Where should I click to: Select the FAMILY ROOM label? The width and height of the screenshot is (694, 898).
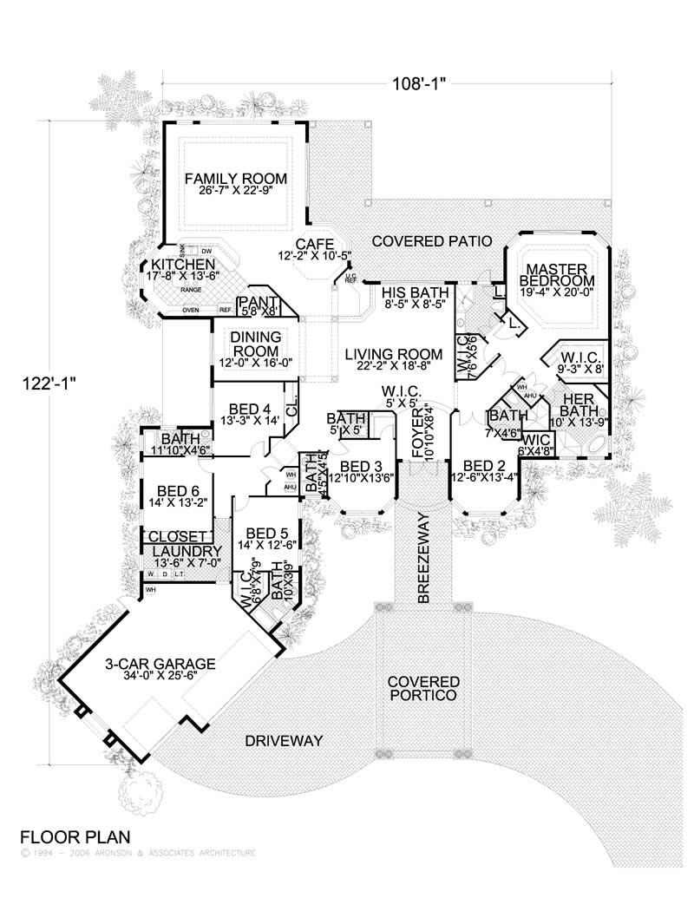click(x=235, y=179)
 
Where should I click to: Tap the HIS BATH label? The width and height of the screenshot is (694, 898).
click(x=412, y=292)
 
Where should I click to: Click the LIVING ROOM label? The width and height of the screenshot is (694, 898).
click(x=393, y=354)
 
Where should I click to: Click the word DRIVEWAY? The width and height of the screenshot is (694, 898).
click(x=283, y=741)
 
